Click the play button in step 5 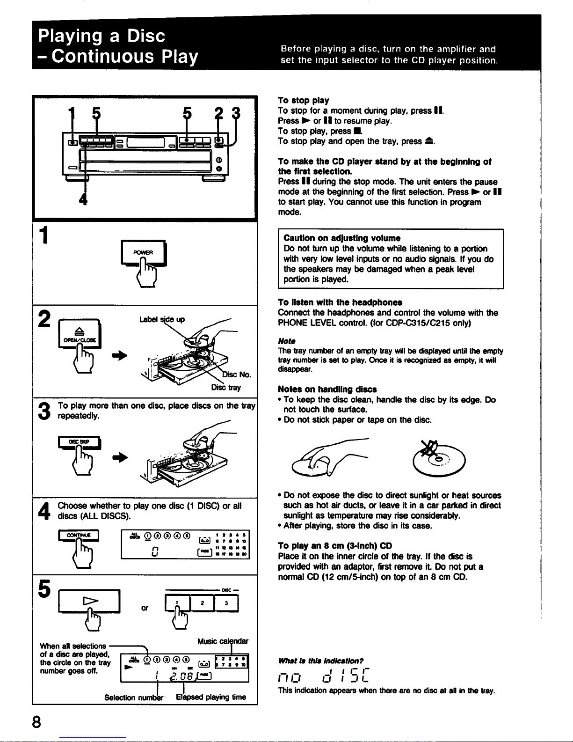88,601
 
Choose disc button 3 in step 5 226,603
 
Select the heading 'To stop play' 303,101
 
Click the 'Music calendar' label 223,641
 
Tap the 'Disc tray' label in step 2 226,388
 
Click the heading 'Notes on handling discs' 327,389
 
